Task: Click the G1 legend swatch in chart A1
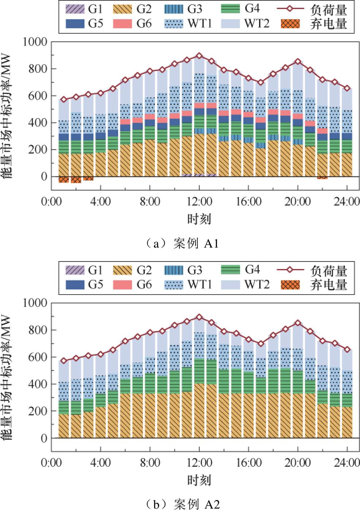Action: [x=75, y=9]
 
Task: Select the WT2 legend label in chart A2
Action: [x=257, y=284]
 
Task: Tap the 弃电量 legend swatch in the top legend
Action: [x=290, y=24]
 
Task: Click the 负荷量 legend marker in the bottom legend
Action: [x=290, y=270]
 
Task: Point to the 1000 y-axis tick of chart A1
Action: [x=35, y=42]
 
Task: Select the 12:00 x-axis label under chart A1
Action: [x=199, y=201]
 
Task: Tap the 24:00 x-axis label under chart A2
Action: [x=347, y=463]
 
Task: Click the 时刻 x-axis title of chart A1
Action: [x=199, y=219]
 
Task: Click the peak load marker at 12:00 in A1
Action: [x=199, y=56]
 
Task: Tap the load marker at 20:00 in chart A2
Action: [x=298, y=323]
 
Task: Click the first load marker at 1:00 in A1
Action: [x=64, y=100]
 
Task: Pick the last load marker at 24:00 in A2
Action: [x=347, y=350]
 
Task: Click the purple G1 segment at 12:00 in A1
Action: [x=199, y=175]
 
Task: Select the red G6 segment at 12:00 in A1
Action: [x=199, y=106]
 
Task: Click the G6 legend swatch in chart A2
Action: [x=122, y=284]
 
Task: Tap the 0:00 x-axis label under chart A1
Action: [x=51, y=201]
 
